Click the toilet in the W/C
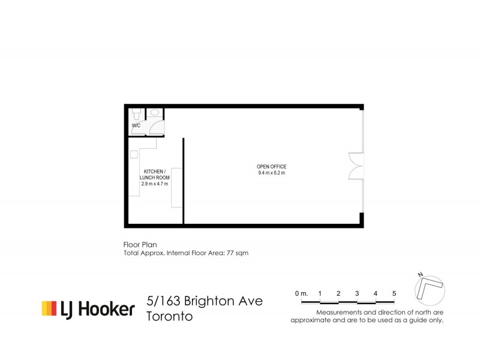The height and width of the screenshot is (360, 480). (137, 113)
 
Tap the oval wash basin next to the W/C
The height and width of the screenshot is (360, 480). (155, 112)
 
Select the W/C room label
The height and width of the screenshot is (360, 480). (136, 125)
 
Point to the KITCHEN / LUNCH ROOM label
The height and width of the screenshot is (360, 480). (154, 175)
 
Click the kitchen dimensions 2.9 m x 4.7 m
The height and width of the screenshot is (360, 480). (154, 184)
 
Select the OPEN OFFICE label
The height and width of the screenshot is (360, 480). (271, 166)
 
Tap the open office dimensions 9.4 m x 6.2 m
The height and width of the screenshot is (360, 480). (271, 173)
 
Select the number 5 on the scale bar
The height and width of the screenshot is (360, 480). (394, 293)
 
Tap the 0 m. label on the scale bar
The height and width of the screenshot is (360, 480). (301, 293)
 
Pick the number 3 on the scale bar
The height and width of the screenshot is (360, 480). (357, 293)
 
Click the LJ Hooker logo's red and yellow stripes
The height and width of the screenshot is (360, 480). (49, 308)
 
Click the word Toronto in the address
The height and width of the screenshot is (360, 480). (170, 316)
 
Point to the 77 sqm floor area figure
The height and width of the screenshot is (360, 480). (236, 253)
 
